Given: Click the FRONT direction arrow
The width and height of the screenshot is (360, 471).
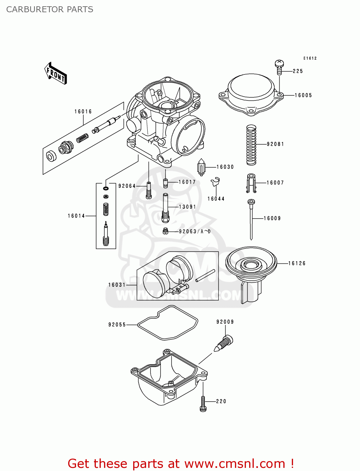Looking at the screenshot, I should [56, 73].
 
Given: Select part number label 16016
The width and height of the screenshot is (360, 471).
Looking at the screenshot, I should [83, 111].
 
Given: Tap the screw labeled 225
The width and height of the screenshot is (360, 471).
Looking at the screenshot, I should [279, 67].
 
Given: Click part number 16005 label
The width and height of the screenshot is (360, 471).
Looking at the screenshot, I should [303, 95].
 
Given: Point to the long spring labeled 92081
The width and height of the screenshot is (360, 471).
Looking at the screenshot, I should [251, 145].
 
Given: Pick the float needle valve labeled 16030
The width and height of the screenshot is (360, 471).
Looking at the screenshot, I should [201, 167].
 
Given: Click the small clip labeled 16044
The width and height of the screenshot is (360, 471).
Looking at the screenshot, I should [215, 182].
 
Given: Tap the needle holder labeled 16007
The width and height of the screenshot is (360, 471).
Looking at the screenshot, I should [251, 183].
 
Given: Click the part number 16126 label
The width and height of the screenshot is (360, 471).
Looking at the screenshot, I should [297, 263].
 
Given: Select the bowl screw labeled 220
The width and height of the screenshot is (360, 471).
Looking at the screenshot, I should [203, 403].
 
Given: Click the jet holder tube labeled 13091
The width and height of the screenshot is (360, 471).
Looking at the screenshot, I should [165, 208].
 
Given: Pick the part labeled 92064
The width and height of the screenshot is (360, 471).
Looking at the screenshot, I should [149, 190].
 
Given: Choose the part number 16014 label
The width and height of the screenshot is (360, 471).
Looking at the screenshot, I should [76, 216].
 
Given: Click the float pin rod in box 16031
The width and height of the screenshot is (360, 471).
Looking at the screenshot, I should [205, 276].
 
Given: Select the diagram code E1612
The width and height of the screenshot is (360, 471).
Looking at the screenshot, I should [310, 58].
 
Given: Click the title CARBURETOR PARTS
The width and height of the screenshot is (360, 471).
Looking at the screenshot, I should [50, 9].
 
